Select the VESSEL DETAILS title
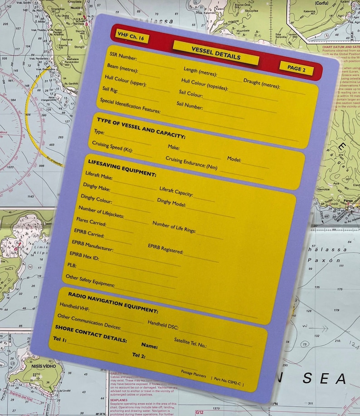pos(216,52)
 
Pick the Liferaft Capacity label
pos(176,191)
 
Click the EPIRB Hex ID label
pos(84,256)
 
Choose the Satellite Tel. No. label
pos(190,342)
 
